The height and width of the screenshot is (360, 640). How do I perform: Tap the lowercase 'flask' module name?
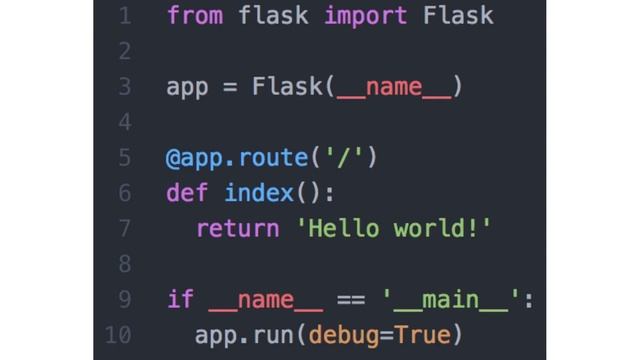click(x=273, y=16)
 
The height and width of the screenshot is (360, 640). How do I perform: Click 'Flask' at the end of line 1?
click(x=458, y=16)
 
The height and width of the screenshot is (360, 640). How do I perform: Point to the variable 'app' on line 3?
click(x=187, y=87)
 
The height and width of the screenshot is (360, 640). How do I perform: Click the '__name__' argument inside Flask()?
click(x=394, y=87)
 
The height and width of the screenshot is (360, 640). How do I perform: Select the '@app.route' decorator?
click(x=236, y=158)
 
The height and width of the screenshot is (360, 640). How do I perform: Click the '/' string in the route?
click(x=344, y=158)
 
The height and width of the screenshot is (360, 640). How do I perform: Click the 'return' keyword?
click(x=237, y=228)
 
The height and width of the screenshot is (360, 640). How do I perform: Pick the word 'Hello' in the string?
click(x=343, y=228)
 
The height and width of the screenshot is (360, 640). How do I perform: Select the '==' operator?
click(x=351, y=299)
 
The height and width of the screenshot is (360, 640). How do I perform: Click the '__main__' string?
click(x=456, y=299)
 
